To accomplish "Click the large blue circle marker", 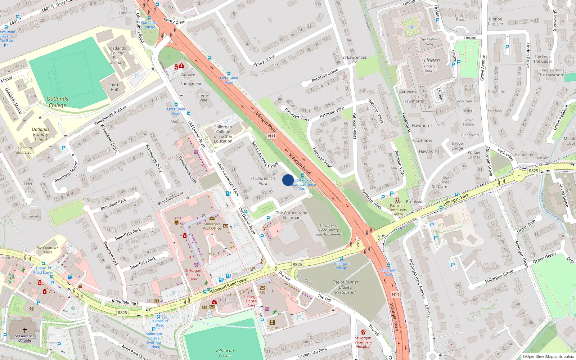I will (x=288, y=180).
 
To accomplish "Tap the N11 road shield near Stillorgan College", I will (x=272, y=136).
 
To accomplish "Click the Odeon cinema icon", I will (x=272, y=322).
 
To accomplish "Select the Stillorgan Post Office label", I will (x=212, y=226).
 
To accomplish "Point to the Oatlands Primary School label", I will (x=40, y=134).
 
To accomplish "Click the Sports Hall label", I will (x=114, y=87).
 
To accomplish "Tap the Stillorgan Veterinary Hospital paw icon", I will (x=363, y=332).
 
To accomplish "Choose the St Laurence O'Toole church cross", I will (x=25, y=330).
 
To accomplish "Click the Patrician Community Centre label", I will (x=397, y=210).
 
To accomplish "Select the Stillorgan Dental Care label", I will (x=252, y=301).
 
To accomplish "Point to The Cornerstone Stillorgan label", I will (x=292, y=215).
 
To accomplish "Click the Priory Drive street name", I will (x=174, y=21).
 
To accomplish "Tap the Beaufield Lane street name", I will (x=170, y=198).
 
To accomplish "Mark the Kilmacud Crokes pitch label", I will (x=225, y=353).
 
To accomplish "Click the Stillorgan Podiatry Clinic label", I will (x=193, y=275).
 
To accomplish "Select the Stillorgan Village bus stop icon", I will (x=341, y=259).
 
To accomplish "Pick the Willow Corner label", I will (x=474, y=155).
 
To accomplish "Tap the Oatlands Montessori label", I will (x=25, y=150).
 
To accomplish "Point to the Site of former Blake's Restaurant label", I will (x=345, y=287).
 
